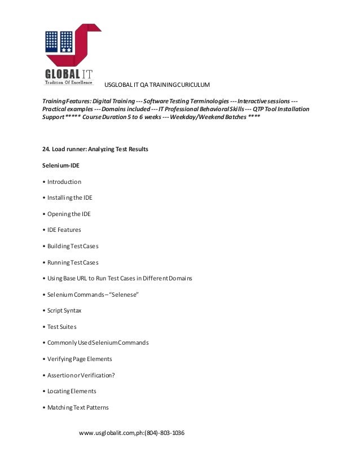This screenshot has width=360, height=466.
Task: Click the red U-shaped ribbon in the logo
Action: pos(85,48)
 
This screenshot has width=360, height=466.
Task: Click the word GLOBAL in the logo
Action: pos(63,74)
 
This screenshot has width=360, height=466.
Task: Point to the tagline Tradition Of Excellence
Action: pos(68,82)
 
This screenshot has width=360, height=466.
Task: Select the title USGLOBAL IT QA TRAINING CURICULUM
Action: pos(157,85)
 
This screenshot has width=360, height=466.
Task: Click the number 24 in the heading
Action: pos(46,150)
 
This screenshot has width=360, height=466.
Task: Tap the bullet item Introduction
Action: pos(64,182)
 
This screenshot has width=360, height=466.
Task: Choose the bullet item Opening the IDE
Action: pos(69,214)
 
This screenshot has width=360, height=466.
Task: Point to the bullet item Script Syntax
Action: pos(64,311)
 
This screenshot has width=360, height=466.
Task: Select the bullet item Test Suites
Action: pos(62,327)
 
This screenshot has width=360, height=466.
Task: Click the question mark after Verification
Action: pos(113,375)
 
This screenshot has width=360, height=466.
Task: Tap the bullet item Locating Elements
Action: pos(72,391)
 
